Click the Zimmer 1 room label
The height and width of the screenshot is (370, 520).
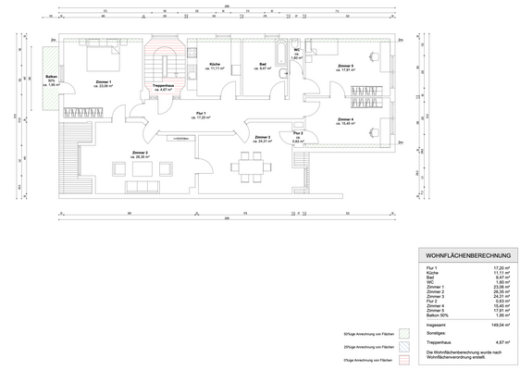[103, 84]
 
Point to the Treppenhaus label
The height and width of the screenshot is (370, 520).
[165, 87]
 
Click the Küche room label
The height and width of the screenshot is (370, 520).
[217, 66]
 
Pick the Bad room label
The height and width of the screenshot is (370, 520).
[264, 66]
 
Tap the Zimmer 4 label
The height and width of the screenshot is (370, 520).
[345, 120]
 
